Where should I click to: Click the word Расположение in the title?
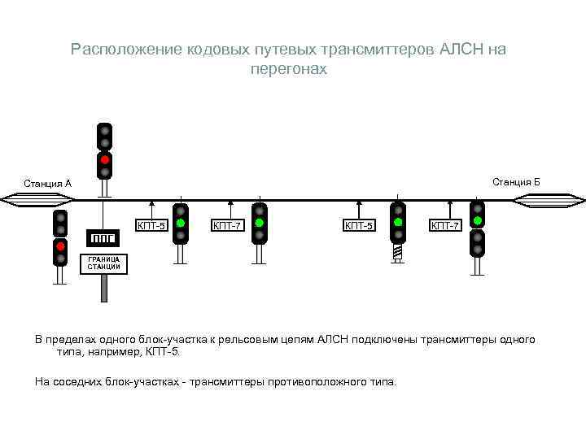click(x=116, y=50)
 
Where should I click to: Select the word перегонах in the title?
click(x=289, y=69)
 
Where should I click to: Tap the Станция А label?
click(x=47, y=184)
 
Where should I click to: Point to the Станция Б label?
click(x=516, y=181)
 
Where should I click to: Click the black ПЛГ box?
click(x=103, y=237)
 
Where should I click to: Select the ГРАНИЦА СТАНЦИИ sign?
click(x=104, y=263)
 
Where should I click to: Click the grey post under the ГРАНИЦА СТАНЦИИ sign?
click(x=104, y=288)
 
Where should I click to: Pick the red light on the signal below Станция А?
click(x=60, y=246)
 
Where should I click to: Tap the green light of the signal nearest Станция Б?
click(x=478, y=220)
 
